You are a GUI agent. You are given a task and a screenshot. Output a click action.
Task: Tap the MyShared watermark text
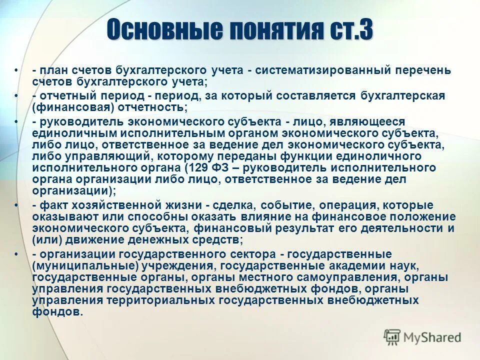[x=432, y=337]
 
